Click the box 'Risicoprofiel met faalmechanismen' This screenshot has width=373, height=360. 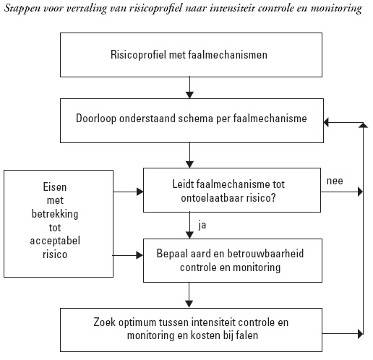point(191,55)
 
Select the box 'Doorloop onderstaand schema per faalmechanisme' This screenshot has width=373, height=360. point(192,121)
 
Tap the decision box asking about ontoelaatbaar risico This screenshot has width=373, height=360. point(232,190)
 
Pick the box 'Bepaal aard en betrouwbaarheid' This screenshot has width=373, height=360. point(233,260)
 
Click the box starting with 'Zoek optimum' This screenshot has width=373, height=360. point(191,330)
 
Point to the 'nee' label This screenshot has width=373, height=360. point(335,181)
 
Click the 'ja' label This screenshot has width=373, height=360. point(202,226)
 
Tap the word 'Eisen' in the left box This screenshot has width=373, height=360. point(55,187)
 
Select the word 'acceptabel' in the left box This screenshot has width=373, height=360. point(55,241)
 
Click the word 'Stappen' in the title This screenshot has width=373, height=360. point(22,9)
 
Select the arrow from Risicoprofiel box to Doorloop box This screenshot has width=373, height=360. point(190,87)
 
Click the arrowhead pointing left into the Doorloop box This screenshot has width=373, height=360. point(326,122)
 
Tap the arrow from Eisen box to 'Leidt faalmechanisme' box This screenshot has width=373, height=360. point(128,192)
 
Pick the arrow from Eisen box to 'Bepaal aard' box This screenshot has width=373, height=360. point(128,255)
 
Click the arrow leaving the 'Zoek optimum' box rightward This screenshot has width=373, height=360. point(343,334)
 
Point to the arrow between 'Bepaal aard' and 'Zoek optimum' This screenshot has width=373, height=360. point(189,295)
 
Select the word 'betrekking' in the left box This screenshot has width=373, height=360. point(55,214)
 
